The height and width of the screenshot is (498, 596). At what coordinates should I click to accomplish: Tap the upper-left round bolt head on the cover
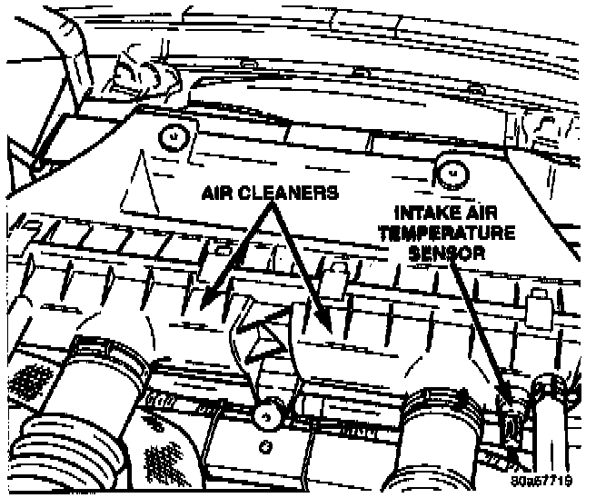tap(170, 135)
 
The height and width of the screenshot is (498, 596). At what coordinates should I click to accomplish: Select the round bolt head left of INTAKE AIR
tap(449, 168)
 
